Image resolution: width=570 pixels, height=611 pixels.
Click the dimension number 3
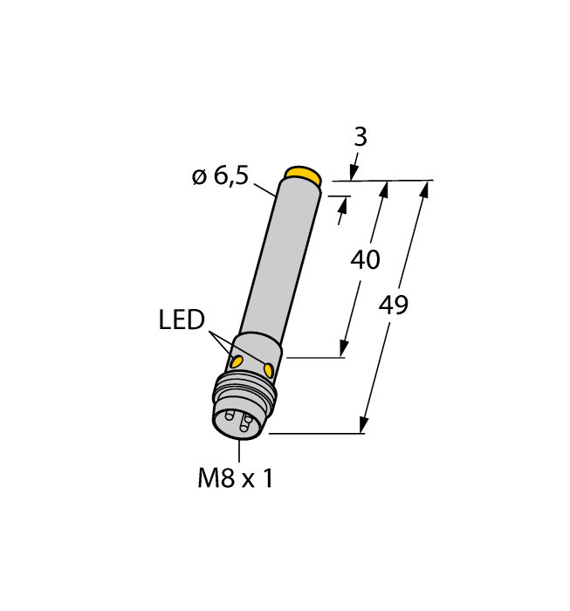coord(360,137)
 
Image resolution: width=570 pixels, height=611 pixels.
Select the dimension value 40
coord(365,259)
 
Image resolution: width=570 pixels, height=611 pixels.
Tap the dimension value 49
coord(394,305)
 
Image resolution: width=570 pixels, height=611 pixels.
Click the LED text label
coord(182,320)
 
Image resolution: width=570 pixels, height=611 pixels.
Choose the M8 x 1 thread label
coord(235,478)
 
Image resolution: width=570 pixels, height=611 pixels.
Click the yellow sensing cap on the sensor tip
coord(303,175)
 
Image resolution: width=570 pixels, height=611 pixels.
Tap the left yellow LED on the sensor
coord(236,361)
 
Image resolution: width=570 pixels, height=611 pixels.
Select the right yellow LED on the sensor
coord(268,371)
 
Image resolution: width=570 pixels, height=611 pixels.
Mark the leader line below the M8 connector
coord(238,450)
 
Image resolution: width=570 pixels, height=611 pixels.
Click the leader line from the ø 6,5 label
coord(264,188)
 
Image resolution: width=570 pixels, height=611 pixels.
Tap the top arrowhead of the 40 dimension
coord(383,188)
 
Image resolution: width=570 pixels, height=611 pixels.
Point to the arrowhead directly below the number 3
coord(354,171)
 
